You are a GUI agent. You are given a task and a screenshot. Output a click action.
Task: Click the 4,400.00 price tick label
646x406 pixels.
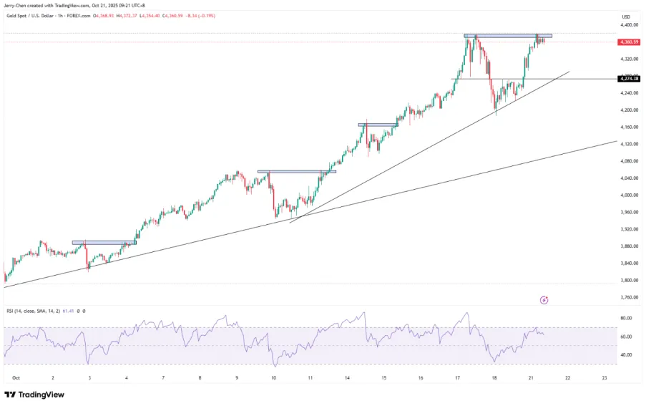click(x=630, y=25)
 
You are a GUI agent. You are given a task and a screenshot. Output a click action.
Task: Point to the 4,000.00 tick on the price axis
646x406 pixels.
click(x=630, y=195)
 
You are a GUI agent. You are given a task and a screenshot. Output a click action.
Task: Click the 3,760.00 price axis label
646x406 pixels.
click(x=630, y=297)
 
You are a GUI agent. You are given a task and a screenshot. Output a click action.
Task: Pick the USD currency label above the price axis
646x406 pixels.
click(x=626, y=16)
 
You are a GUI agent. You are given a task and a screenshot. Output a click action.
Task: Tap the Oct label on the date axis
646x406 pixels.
click(x=16, y=377)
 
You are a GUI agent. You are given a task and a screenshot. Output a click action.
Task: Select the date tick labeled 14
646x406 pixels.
click(x=347, y=377)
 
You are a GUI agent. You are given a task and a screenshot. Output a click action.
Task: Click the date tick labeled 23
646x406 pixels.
click(x=605, y=377)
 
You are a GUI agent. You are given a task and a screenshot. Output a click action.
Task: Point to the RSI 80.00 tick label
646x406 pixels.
click(x=626, y=318)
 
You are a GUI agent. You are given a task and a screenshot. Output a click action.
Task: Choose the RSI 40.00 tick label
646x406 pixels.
click(x=626, y=355)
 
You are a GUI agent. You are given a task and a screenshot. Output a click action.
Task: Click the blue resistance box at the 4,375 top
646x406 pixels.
click(x=508, y=36)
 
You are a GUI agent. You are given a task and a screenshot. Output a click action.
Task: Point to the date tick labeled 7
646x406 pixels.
click(x=163, y=377)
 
